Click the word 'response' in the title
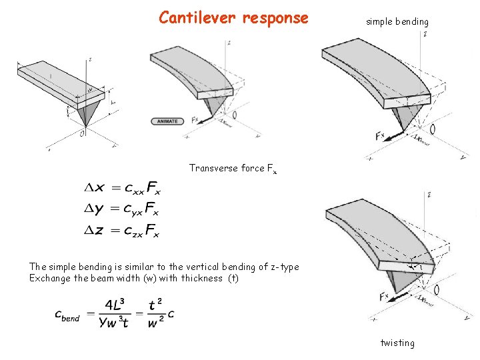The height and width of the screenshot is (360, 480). coord(275,18)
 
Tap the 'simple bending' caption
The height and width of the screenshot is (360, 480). coord(397,22)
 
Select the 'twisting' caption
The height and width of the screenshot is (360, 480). coord(397,343)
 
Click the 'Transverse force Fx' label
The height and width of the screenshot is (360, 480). coord(232,169)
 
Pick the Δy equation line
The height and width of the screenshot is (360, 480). coord(123,211)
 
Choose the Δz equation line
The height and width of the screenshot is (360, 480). coord(123,231)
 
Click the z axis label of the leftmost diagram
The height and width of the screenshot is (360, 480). coord(89,60)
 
